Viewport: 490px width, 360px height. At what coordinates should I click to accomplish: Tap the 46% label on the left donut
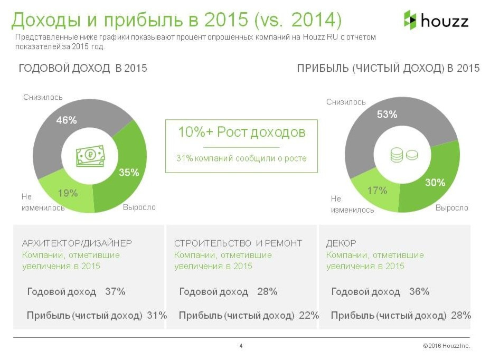tap(67, 120)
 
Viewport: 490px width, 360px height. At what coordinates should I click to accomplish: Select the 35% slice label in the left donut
tap(129, 172)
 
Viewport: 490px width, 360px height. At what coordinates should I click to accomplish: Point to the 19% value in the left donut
tap(68, 193)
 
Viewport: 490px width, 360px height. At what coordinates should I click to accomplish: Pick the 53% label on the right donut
tap(387, 114)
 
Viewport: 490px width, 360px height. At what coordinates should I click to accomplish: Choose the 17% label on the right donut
tap(377, 191)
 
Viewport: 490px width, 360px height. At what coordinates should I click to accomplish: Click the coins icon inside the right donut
tap(403, 155)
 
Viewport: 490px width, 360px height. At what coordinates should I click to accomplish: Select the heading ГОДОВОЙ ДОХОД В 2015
tap(83, 69)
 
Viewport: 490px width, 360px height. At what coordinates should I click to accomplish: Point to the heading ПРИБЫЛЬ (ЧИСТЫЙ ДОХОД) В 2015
tap(388, 69)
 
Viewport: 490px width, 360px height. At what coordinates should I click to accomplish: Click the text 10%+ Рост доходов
tap(241, 132)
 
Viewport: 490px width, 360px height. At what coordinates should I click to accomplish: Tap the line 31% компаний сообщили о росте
tap(241, 158)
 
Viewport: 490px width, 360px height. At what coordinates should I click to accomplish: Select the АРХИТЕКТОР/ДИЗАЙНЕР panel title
tap(77, 243)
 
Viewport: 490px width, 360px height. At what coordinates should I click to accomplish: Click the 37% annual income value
tap(115, 292)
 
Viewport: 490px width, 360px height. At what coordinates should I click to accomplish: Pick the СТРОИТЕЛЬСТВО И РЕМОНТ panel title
tap(238, 243)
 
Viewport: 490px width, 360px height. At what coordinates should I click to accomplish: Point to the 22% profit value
tap(309, 316)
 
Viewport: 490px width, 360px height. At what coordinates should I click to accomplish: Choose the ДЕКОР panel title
tap(341, 243)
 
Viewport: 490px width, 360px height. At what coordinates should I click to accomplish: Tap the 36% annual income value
tap(419, 292)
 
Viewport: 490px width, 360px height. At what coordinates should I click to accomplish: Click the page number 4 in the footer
tap(241, 346)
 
